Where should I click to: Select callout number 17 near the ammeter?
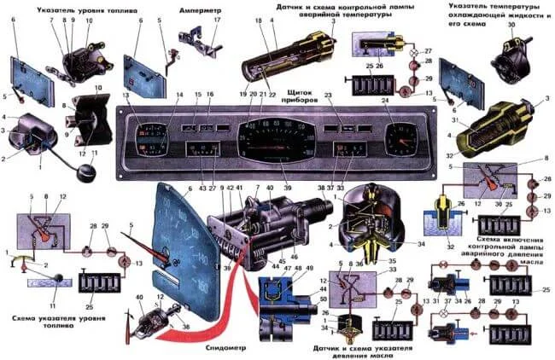coord(217,19)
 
